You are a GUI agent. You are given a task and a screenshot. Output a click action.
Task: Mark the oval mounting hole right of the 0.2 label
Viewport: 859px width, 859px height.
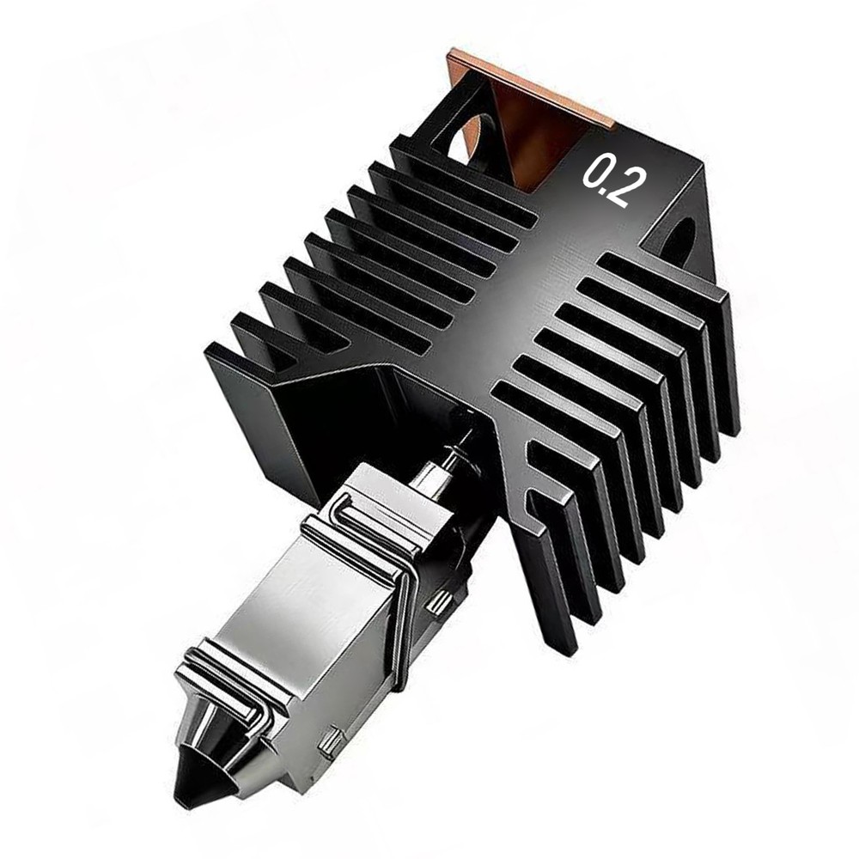pos(680,241)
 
